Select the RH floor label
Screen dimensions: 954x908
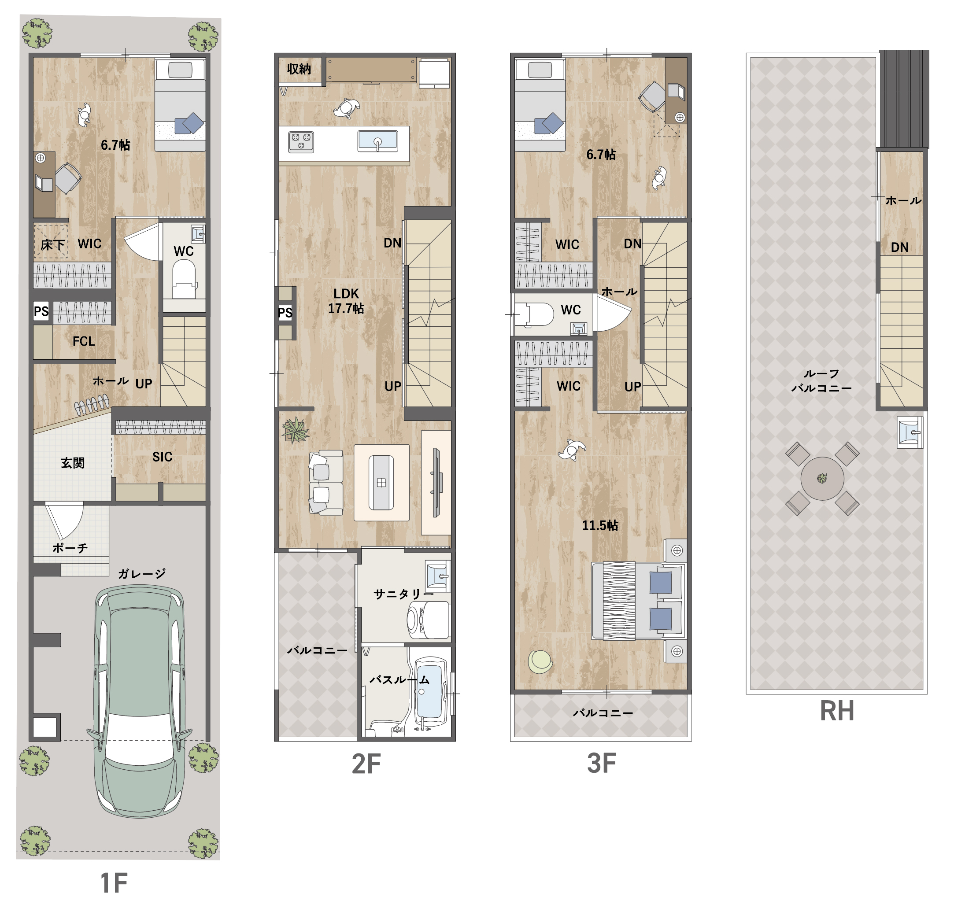[837, 711]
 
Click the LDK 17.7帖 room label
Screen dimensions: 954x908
[346, 301]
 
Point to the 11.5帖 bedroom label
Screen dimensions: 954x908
[600, 525]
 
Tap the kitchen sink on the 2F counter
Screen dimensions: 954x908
[377, 140]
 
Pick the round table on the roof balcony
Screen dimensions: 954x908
[822, 479]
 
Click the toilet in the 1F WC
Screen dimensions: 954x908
[184, 279]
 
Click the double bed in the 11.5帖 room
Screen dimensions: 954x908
[638, 601]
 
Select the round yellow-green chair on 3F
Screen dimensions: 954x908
[540, 661]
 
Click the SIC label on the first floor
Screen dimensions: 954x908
[162, 457]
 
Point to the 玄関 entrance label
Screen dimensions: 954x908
[73, 463]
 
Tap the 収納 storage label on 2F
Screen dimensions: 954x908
[299, 69]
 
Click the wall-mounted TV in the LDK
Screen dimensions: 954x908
[436, 482]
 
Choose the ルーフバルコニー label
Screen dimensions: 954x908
[821, 380]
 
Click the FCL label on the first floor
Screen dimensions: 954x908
[84, 341]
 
